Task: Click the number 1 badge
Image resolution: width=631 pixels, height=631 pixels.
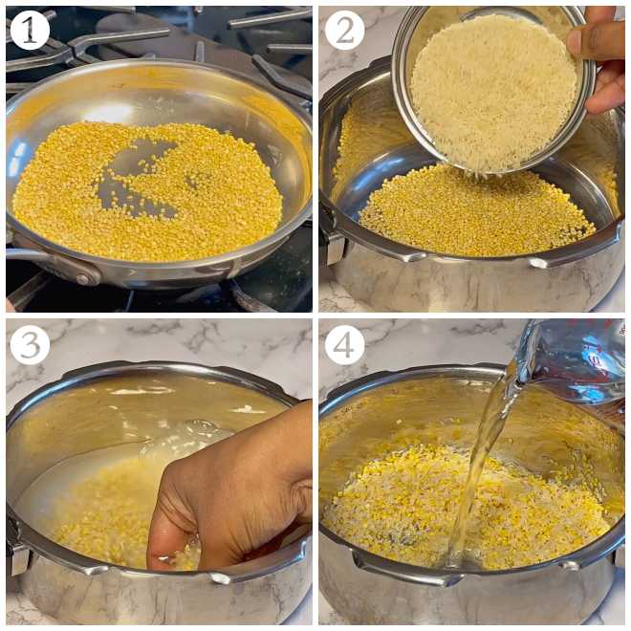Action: click(29, 30)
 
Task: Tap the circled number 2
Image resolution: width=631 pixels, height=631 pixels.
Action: click(344, 30)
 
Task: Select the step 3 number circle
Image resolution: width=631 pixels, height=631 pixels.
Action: click(29, 344)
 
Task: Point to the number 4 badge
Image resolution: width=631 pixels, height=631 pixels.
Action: click(344, 344)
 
